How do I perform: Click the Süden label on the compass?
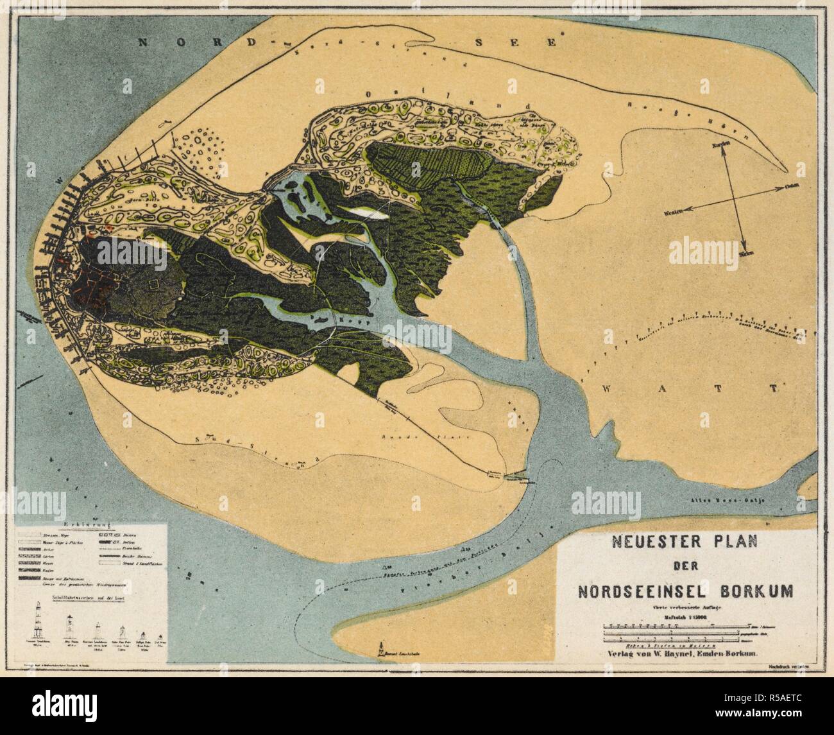tap(745, 254)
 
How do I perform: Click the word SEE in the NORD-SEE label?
tap(532, 42)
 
